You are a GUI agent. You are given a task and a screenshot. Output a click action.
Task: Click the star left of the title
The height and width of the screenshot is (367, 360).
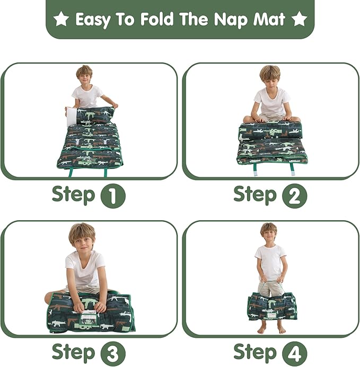tap(62, 20)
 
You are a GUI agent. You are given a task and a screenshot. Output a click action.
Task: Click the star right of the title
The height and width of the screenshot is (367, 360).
tap(299, 20)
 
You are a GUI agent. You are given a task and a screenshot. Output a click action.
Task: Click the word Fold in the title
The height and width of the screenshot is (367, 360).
tap(159, 20)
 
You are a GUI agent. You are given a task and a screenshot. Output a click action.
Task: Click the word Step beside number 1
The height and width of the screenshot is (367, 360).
tap(73, 195)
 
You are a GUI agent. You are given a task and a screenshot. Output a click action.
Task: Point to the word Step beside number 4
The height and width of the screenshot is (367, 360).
tap(255, 352)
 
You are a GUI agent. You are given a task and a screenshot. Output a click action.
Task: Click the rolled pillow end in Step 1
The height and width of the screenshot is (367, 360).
tap(95, 115)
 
